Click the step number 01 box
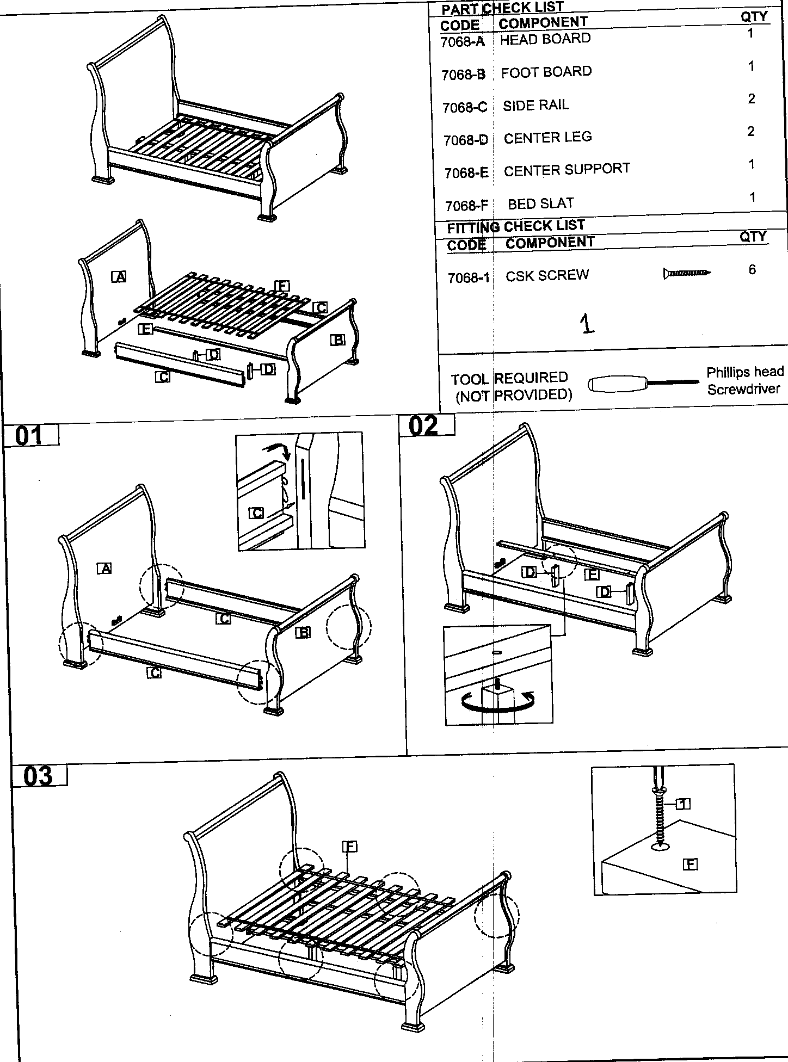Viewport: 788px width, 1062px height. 30,436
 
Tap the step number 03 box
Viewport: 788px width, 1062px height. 39,776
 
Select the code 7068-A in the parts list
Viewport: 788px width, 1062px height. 462,42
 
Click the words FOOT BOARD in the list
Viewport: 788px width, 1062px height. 546,72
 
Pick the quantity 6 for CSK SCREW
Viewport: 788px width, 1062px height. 752,270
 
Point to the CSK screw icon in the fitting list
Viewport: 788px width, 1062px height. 686,273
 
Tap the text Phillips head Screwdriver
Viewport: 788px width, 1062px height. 744,380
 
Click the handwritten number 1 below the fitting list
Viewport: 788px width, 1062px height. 587,324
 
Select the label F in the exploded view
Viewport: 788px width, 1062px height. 282,286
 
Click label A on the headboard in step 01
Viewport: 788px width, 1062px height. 104,569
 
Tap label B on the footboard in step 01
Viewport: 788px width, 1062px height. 303,632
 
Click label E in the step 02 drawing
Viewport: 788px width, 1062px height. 592,574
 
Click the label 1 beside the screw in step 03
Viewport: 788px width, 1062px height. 684,804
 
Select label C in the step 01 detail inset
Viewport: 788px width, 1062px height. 257,513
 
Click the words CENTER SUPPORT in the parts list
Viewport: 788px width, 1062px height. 567,170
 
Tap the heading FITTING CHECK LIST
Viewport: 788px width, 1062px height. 515,226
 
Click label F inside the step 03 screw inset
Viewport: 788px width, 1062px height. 690,863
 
